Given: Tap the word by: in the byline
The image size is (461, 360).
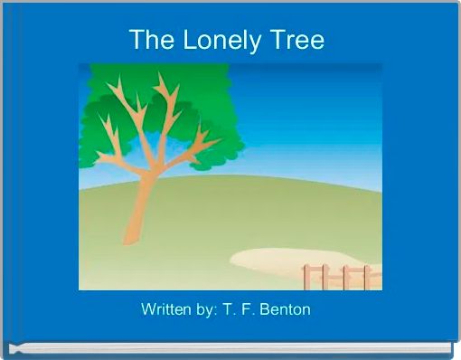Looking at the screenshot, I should pyautogui.click(x=202, y=309).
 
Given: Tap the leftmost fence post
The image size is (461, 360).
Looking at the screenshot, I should pyautogui.click(x=307, y=278).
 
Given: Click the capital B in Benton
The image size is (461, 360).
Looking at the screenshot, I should pyautogui.click(x=266, y=309).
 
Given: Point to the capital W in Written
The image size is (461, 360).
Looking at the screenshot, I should pyautogui.click(x=148, y=309).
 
